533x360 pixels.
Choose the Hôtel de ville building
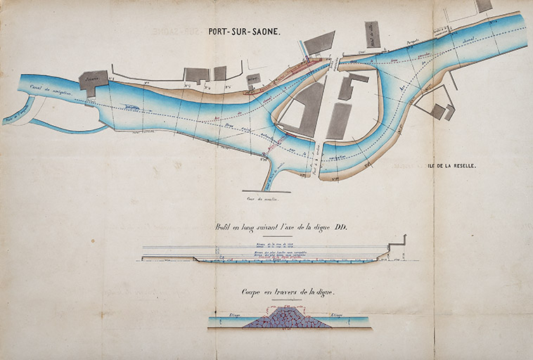pyautogui.click(x=372, y=33)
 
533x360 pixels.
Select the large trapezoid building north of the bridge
pyautogui.click(x=319, y=43)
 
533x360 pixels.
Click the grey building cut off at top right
pyautogui.click(x=483, y=6)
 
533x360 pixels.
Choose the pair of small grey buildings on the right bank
pyautogui.click(x=444, y=111)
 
